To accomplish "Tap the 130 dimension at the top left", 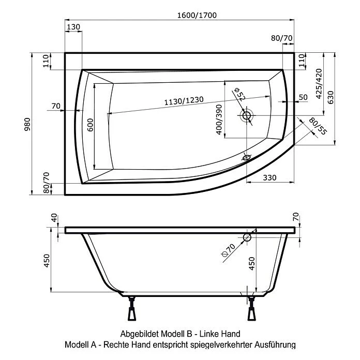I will [x=73, y=27].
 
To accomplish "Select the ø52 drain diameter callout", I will [x=239, y=95].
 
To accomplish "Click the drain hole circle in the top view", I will [x=247, y=116].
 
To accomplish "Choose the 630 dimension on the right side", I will [x=332, y=97].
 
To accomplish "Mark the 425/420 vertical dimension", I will [x=319, y=84].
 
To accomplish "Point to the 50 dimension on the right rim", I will [x=303, y=97].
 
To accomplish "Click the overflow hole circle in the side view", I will [x=247, y=237].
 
